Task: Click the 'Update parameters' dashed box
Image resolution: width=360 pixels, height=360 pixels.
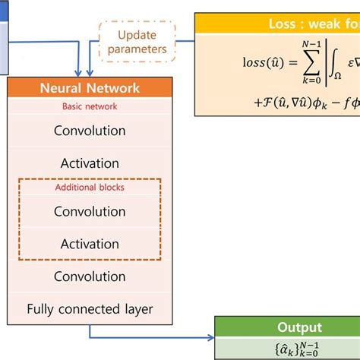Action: (x=137, y=42)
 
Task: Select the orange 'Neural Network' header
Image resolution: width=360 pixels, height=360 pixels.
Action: (x=90, y=87)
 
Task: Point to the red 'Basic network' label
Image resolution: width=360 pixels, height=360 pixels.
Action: (x=90, y=106)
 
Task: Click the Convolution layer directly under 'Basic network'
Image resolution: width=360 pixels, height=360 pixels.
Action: (x=90, y=131)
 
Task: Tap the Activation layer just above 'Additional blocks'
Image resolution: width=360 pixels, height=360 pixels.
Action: (x=90, y=163)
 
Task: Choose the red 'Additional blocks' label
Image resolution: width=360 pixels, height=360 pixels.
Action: (x=90, y=187)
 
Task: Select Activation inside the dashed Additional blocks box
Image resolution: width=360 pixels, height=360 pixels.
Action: (x=90, y=244)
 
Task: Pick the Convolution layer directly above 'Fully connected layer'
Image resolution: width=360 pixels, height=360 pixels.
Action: (x=90, y=276)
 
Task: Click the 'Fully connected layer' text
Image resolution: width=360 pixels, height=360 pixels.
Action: (x=90, y=309)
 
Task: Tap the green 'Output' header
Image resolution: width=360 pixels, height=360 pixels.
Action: (x=288, y=327)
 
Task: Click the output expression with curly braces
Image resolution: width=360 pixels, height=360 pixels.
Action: (x=288, y=349)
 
